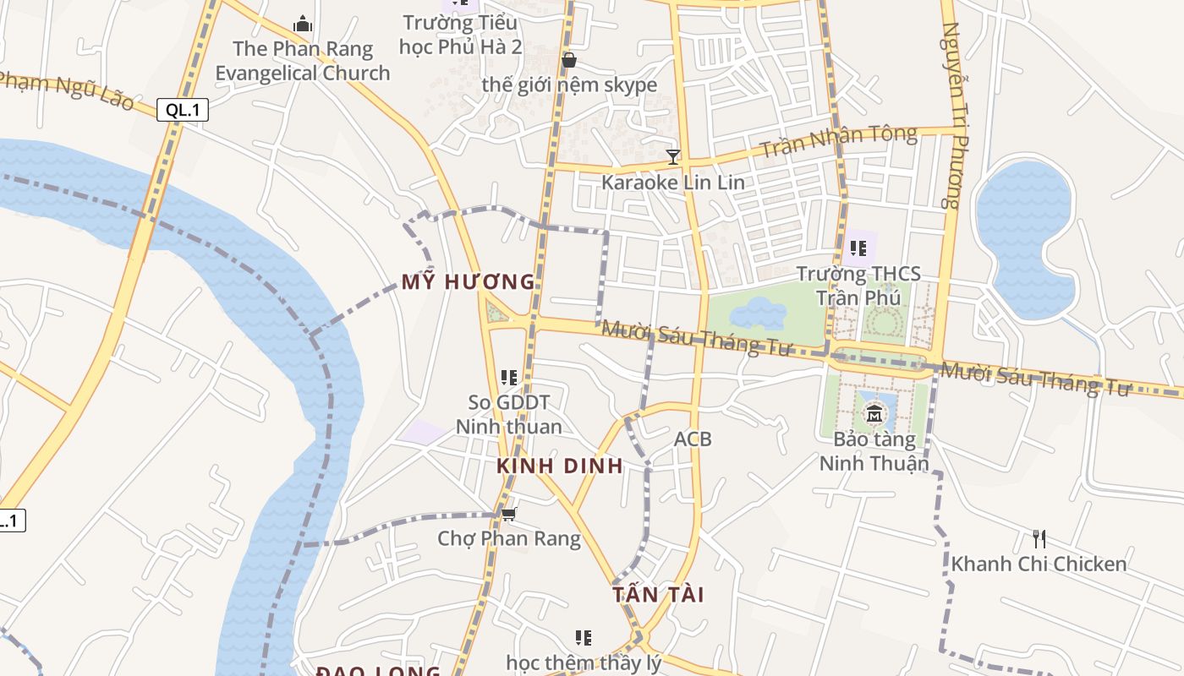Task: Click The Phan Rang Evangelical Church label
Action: [303, 61]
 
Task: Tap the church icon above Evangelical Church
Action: [303, 23]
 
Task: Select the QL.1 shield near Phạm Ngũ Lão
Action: [183, 109]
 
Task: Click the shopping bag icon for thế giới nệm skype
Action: [569, 60]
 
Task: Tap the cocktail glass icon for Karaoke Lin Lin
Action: [673, 156]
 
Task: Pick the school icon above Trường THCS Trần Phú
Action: [858, 248]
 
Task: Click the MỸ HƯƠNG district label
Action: [469, 282]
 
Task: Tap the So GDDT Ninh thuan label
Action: [508, 414]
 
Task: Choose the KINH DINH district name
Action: [559, 466]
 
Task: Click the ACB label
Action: [693, 439]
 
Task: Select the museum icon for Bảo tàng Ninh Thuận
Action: [874, 414]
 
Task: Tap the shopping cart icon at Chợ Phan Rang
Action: [508, 514]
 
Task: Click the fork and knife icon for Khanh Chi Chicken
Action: [1039, 538]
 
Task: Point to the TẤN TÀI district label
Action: [658, 594]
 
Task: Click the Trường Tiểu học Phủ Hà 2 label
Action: [461, 34]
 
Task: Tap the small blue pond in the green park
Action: [758, 313]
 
